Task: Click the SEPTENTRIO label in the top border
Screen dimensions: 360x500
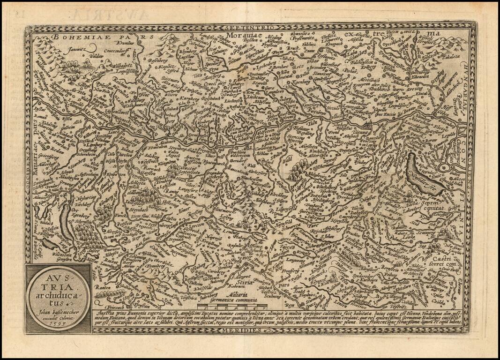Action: click(250, 28)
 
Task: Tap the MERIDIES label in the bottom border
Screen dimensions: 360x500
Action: click(246, 330)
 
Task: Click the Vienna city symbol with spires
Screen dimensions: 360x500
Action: click(370, 126)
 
